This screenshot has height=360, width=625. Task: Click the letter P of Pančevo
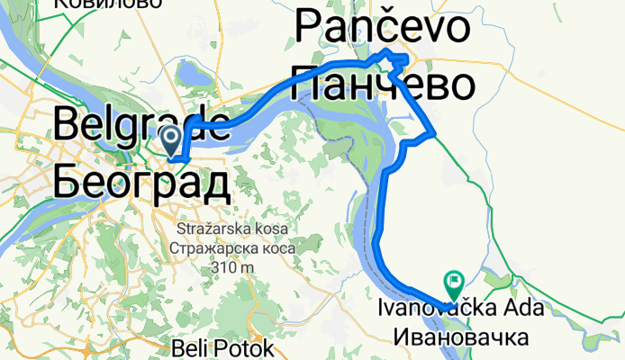coord(308,29)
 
